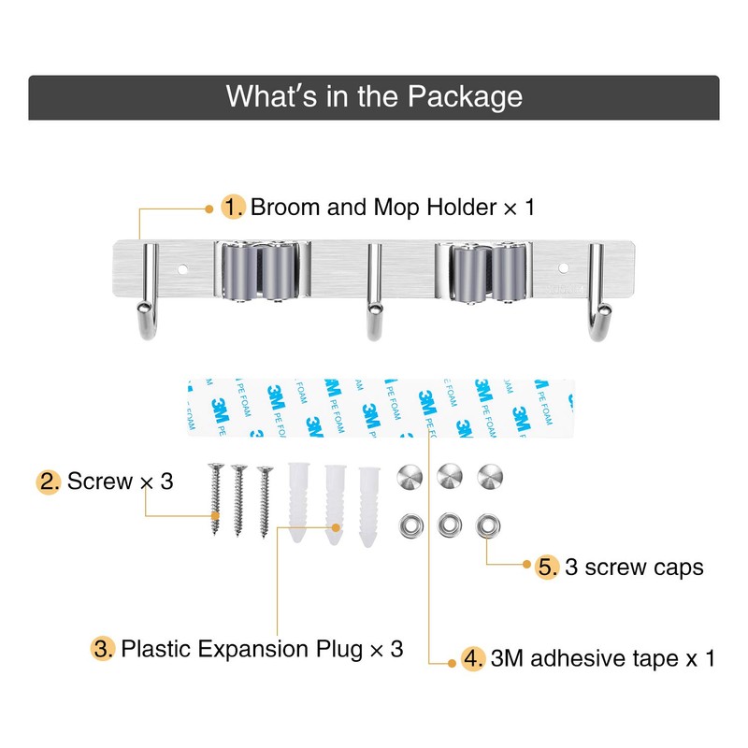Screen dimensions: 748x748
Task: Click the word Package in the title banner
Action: pyautogui.click(x=465, y=97)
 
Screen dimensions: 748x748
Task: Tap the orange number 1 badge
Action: pyautogui.click(x=233, y=207)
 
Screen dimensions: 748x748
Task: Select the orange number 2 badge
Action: pyautogui.click(x=50, y=482)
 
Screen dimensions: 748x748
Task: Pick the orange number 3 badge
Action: pyautogui.click(x=104, y=648)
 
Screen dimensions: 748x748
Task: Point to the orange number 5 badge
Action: pyautogui.click(x=548, y=568)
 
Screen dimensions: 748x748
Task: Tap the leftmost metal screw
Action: pyautogui.click(x=215, y=500)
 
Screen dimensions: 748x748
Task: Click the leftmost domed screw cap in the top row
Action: pyautogui.click(x=409, y=475)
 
